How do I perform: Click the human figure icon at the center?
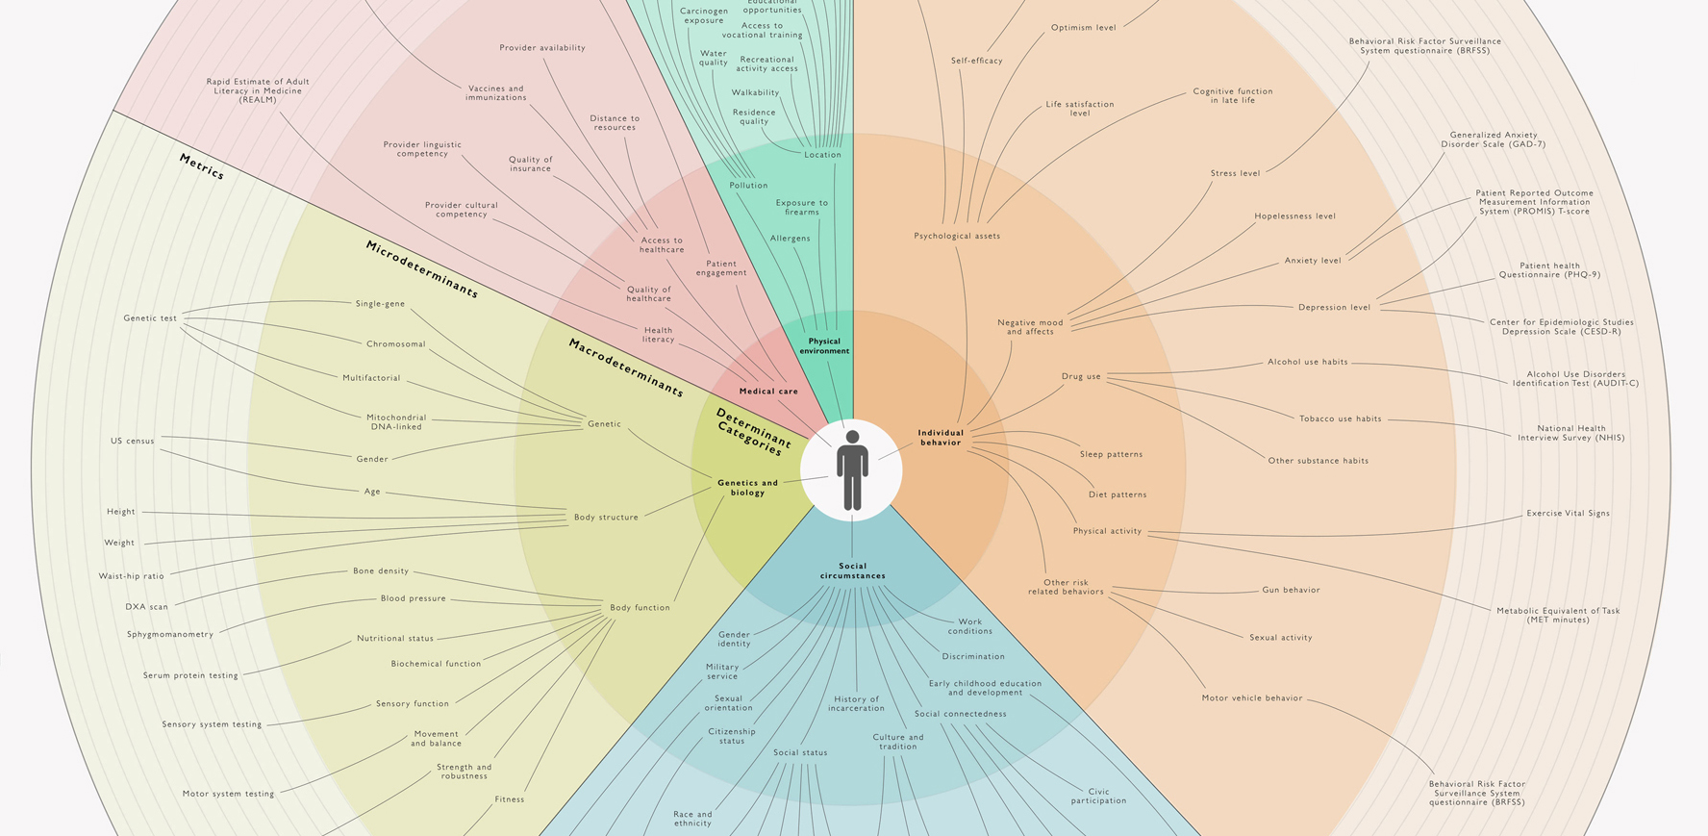click(852, 470)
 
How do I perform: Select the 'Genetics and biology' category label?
click(747, 488)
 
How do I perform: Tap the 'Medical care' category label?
click(768, 392)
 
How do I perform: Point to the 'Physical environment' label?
click(824, 346)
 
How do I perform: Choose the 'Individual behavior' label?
click(941, 438)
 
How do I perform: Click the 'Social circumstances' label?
click(852, 571)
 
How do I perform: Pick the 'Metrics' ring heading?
click(202, 166)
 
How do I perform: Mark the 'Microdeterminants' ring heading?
click(421, 269)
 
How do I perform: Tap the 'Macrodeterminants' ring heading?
click(625, 367)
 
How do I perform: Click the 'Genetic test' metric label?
click(150, 318)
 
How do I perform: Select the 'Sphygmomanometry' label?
click(170, 635)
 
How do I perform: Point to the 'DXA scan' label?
click(146, 607)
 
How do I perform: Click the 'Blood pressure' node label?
click(413, 598)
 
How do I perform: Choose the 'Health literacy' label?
click(658, 335)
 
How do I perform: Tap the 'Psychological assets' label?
click(956, 236)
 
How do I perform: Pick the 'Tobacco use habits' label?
click(1340, 419)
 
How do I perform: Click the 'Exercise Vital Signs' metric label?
click(1568, 514)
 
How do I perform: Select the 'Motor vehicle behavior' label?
click(1251, 698)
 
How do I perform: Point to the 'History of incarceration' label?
click(856, 704)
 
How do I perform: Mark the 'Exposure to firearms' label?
click(801, 208)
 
